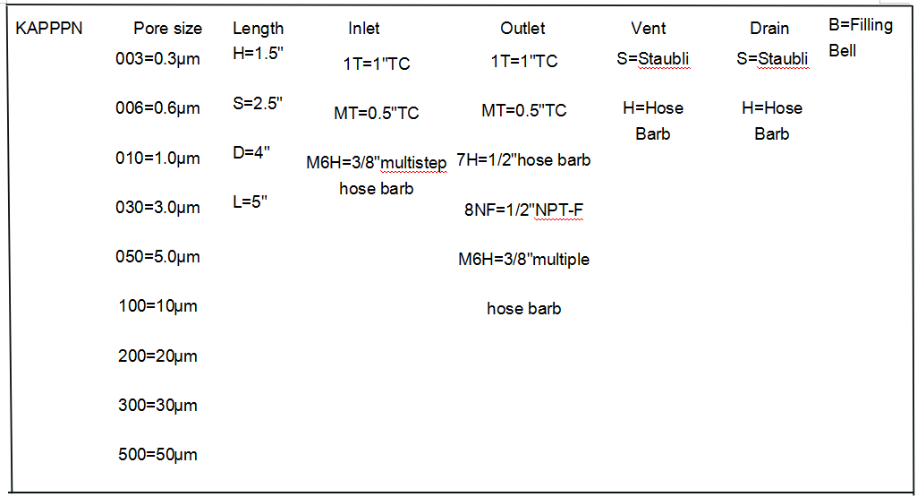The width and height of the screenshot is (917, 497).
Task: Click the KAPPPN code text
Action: click(48, 28)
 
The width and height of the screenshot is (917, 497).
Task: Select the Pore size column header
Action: click(168, 28)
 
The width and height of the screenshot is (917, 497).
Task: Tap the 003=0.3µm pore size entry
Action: click(157, 59)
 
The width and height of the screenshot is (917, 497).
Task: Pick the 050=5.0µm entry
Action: click(157, 257)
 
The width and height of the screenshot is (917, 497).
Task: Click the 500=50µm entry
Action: click(157, 455)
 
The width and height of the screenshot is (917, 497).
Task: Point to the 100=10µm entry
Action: click(157, 306)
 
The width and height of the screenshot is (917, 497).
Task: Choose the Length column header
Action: click(258, 28)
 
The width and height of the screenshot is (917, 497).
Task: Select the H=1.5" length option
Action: click(258, 53)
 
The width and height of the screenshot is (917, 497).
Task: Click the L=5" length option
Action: click(250, 202)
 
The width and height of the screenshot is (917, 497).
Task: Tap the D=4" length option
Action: click(250, 153)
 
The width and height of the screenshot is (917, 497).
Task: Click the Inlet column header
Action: click(364, 28)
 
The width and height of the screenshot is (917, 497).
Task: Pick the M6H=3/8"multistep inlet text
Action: click(376, 163)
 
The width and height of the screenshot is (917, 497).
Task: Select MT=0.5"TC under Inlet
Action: click(377, 113)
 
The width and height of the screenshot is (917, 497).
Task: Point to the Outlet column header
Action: click(522, 28)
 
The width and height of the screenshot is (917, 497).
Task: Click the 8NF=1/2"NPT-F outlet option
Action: click(523, 210)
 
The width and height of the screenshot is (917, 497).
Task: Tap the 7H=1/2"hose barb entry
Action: click(523, 159)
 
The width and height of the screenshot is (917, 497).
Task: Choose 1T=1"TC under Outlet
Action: click(524, 61)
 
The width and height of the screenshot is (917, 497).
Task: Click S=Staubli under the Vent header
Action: click(653, 58)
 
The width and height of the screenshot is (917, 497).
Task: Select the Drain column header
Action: click(769, 28)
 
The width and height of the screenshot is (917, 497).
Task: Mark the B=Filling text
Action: click(861, 25)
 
